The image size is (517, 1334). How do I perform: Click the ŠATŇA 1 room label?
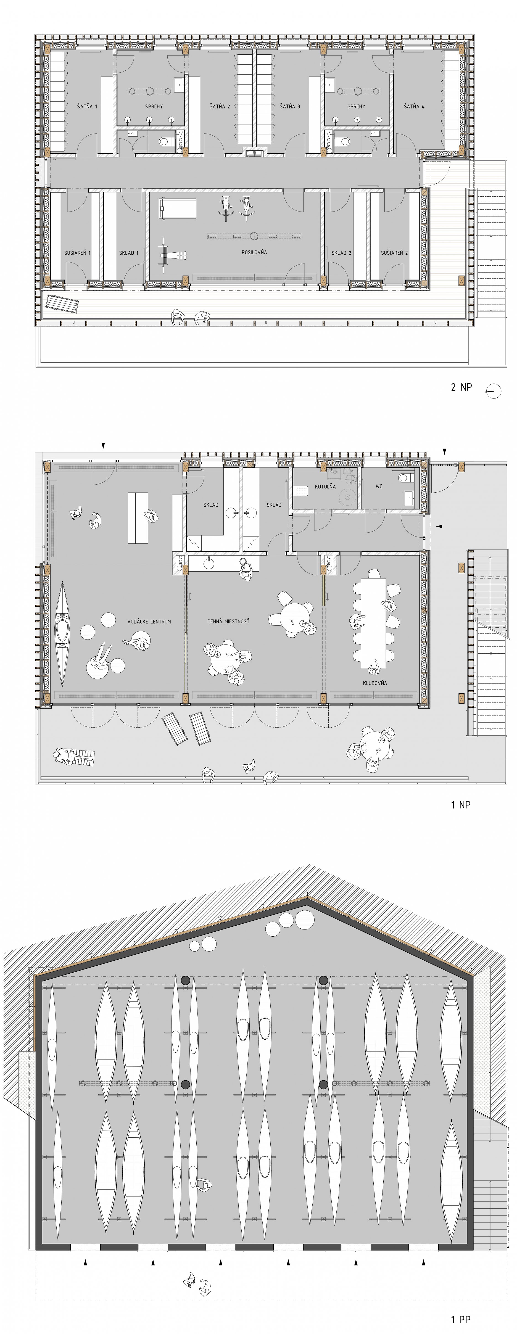point(87,106)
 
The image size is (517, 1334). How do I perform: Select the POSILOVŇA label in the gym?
point(254,252)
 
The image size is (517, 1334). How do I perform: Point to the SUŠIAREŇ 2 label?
point(394,253)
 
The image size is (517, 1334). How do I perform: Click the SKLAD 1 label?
point(129,253)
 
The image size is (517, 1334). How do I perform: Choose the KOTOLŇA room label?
point(325,486)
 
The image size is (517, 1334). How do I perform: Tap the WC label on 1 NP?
point(379,486)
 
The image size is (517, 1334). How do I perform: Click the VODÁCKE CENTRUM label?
point(149,621)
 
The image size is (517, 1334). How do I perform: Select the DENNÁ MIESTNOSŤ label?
point(228,621)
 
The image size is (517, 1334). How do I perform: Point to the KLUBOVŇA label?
point(374,683)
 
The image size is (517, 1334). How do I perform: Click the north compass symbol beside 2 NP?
point(493,390)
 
